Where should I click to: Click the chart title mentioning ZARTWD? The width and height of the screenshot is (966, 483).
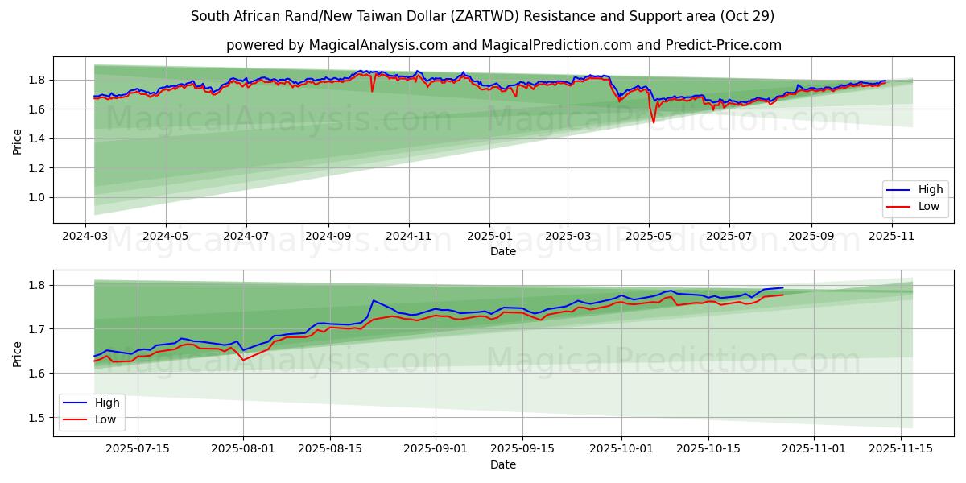[483, 16]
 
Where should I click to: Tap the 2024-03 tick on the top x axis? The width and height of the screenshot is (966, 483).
[86, 237]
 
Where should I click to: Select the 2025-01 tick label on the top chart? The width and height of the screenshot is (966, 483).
[489, 237]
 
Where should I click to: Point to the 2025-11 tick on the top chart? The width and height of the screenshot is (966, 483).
[890, 237]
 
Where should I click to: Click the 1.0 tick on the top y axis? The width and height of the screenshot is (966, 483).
[36, 197]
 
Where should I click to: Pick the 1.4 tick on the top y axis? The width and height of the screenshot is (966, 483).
[36, 138]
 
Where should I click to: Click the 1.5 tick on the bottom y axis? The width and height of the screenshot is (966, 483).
[36, 417]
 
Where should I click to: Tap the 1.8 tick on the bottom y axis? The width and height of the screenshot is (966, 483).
[36, 285]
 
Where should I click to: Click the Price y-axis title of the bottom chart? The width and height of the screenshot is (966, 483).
[18, 353]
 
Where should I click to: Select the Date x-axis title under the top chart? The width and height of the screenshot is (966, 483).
[503, 251]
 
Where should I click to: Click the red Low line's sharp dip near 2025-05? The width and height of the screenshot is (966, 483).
[654, 122]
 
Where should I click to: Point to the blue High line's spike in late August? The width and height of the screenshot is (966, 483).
[374, 301]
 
